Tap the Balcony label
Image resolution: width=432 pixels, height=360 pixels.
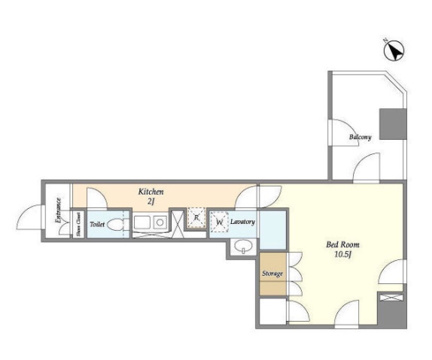(x=360, y=137)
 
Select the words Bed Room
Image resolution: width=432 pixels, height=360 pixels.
(x=342, y=244)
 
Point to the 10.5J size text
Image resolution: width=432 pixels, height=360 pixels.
(x=342, y=254)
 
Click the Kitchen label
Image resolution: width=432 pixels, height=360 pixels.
(x=151, y=192)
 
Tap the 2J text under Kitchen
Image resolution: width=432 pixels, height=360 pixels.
(x=151, y=201)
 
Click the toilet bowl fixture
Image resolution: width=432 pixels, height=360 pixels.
(x=117, y=225)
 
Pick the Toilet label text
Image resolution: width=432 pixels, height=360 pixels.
(x=97, y=224)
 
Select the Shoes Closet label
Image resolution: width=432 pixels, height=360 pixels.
(x=78, y=224)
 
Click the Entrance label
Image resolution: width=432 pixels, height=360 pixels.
(x=58, y=210)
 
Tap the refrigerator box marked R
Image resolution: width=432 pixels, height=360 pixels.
(x=196, y=217)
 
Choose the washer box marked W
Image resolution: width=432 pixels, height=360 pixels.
(x=219, y=222)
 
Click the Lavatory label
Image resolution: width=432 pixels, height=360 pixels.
(x=242, y=222)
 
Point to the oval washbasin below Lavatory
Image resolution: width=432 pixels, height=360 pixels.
(x=243, y=246)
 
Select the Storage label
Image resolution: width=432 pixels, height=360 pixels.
(x=272, y=274)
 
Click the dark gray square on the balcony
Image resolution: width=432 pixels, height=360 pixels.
(x=393, y=124)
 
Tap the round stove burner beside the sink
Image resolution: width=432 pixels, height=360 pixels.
(x=160, y=222)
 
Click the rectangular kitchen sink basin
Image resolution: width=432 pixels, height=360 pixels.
(x=142, y=222)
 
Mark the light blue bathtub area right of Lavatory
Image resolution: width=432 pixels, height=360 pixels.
(x=272, y=231)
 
